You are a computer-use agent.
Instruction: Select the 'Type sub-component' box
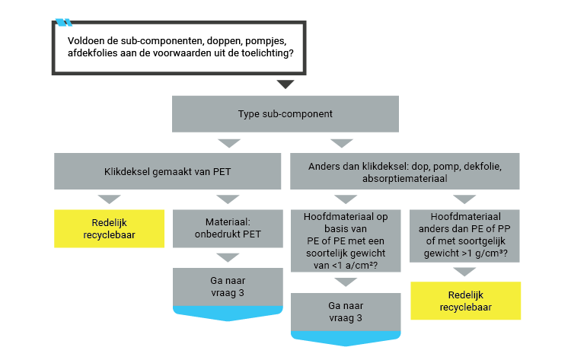pos(285,114)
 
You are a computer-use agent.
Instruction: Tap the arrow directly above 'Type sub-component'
pos(285,84)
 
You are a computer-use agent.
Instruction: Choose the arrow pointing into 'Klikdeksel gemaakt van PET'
pos(228,143)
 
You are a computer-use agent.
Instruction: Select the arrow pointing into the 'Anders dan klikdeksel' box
pos(341,143)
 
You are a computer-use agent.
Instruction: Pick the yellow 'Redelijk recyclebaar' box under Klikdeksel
pos(110,228)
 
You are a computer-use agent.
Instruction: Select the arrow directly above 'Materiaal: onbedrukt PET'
pos(228,200)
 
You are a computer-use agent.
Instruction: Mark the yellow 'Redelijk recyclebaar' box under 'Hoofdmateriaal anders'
pos(465,301)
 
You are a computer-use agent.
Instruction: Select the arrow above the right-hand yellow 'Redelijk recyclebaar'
pos(465,272)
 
